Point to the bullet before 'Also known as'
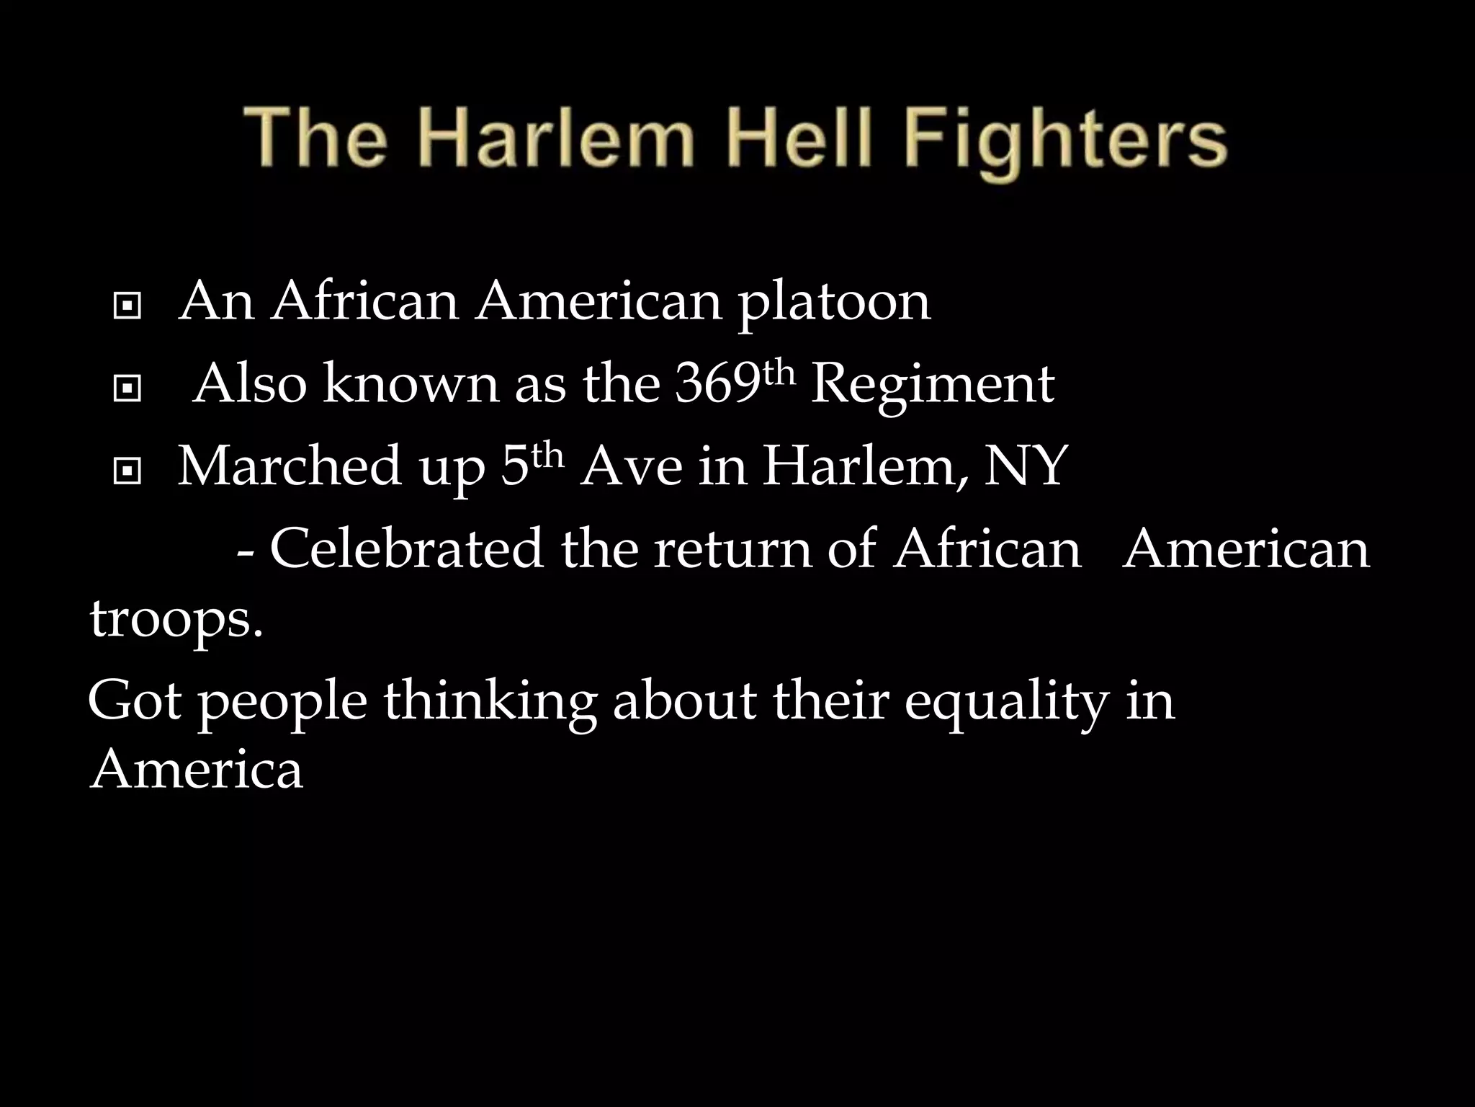click(127, 390)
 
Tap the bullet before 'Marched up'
click(127, 472)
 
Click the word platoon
click(835, 303)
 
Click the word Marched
click(289, 466)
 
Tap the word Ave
click(630, 466)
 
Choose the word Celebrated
click(406, 548)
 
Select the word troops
click(176, 621)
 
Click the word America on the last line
click(196, 770)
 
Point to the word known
click(411, 384)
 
